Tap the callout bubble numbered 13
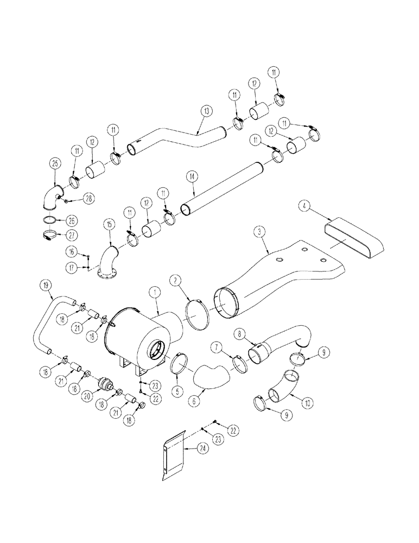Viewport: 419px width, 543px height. pyautogui.click(x=205, y=111)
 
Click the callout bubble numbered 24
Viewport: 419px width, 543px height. pyautogui.click(x=188, y=449)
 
